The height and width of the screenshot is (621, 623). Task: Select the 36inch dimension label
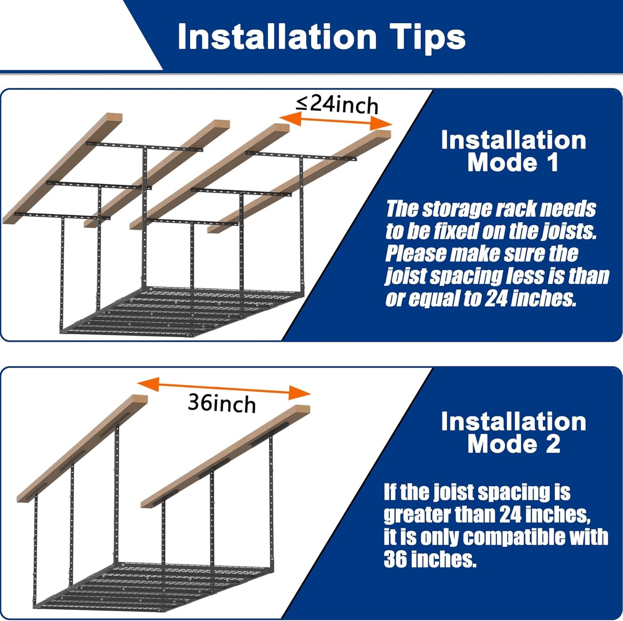pyautogui.click(x=222, y=404)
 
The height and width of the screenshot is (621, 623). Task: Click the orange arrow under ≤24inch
pyautogui.click(x=336, y=122)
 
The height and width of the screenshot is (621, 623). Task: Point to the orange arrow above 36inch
pyautogui.click(x=224, y=388)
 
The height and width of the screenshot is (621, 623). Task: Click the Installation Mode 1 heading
pyautogui.click(x=513, y=151)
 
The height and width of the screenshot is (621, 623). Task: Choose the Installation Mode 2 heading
pyautogui.click(x=513, y=433)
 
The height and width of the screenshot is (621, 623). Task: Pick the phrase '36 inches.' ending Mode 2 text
pyautogui.click(x=430, y=559)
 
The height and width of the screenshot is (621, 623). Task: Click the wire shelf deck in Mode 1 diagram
pyautogui.click(x=181, y=310)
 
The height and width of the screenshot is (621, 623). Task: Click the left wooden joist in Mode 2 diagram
pyautogui.click(x=82, y=448)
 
